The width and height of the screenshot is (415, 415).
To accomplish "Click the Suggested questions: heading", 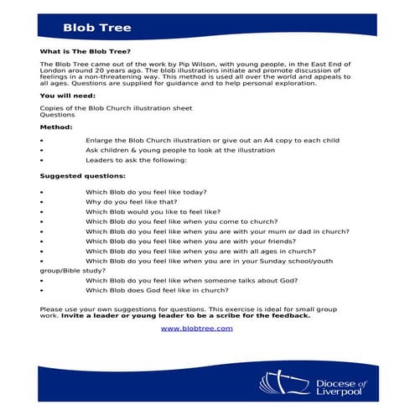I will [x=83, y=177].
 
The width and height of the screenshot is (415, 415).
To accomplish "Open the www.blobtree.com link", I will [x=196, y=328].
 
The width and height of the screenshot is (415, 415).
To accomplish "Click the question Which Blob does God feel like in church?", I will [x=157, y=290].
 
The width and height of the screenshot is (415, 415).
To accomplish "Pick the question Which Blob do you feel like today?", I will [x=146, y=192].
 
